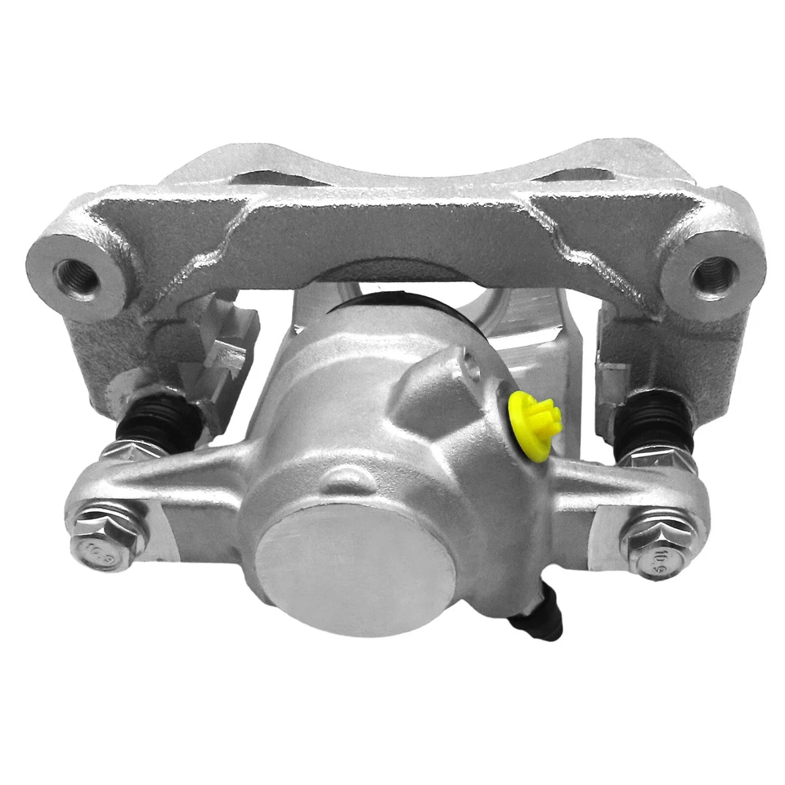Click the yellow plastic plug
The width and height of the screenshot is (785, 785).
(532, 416)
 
